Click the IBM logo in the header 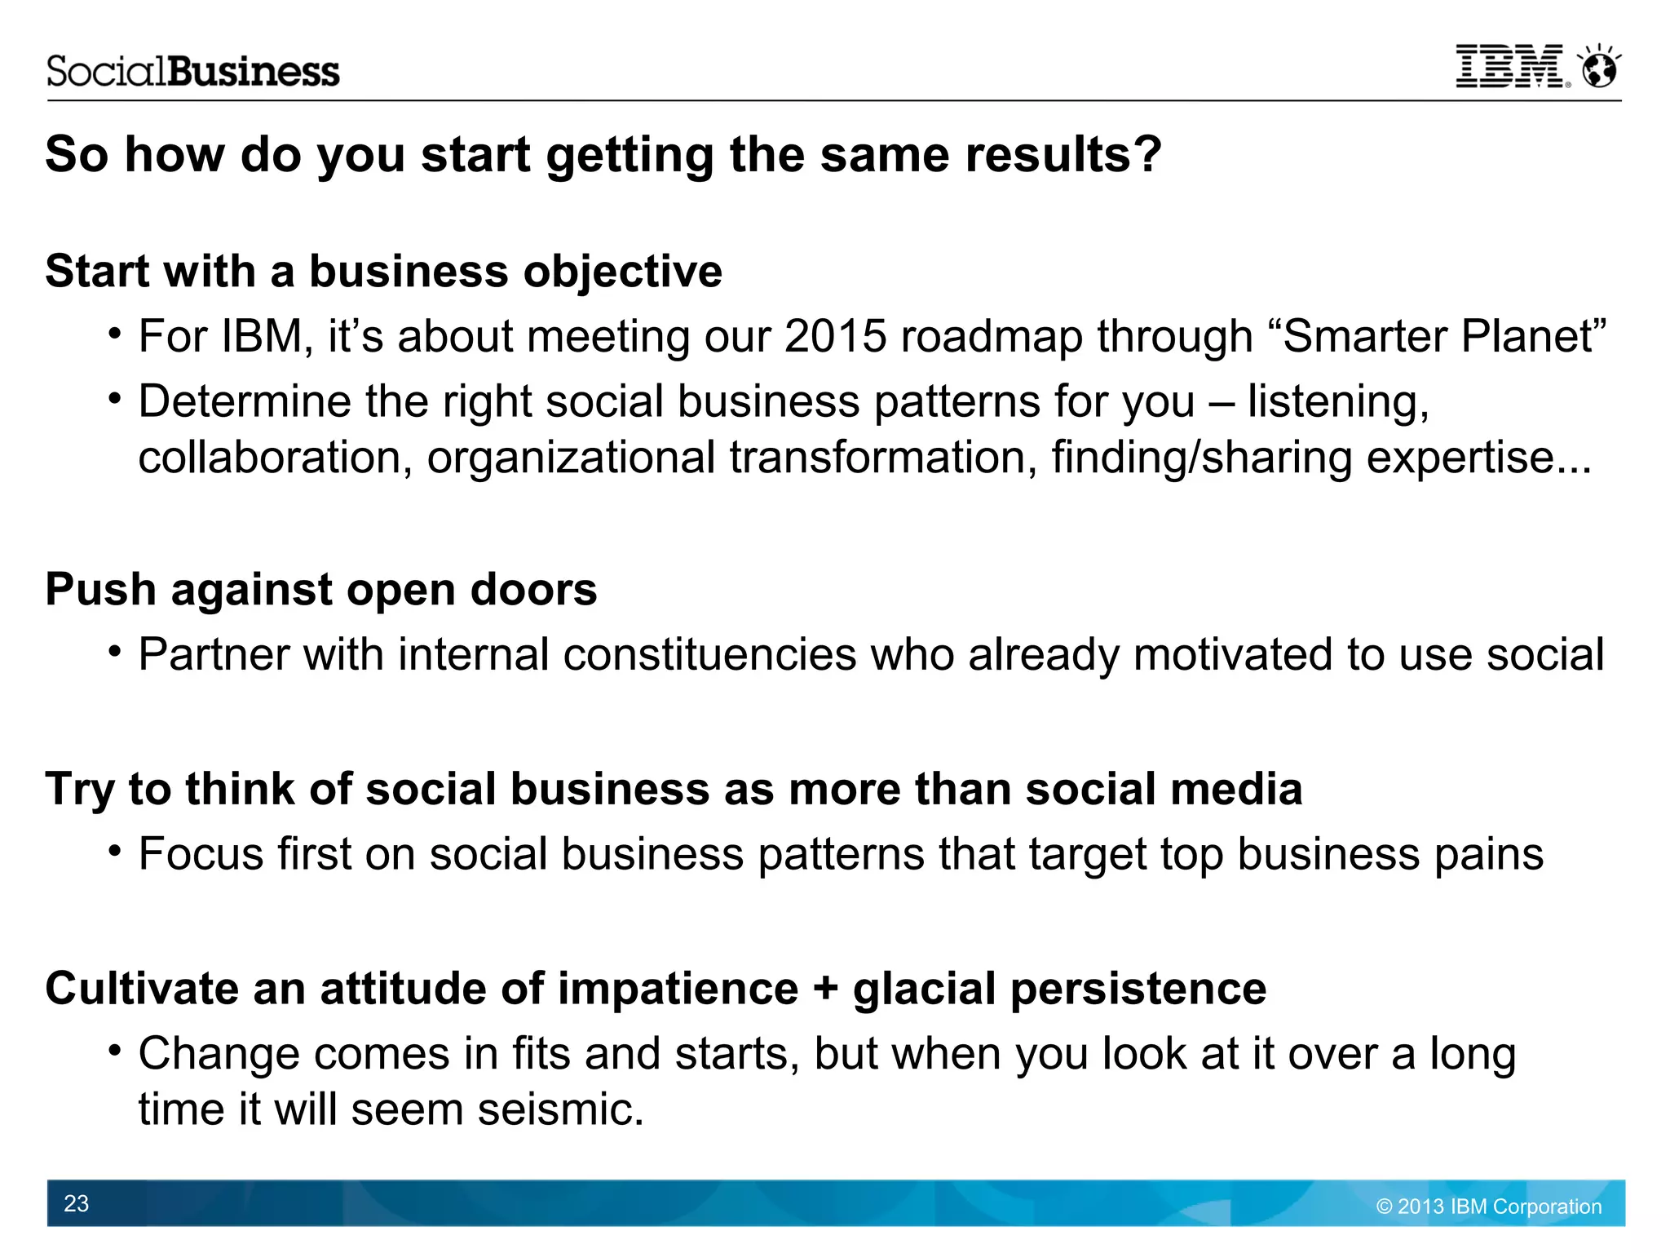[1509, 67]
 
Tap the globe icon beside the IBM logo [1599, 68]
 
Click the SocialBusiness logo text [192, 72]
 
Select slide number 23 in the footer [76, 1203]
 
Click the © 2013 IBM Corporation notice [1488, 1207]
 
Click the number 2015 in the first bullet [835, 336]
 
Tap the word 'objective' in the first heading [622, 271]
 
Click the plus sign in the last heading [825, 989]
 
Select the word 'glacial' [924, 989]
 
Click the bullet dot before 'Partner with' [115, 652]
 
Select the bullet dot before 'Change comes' [115, 1051]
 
